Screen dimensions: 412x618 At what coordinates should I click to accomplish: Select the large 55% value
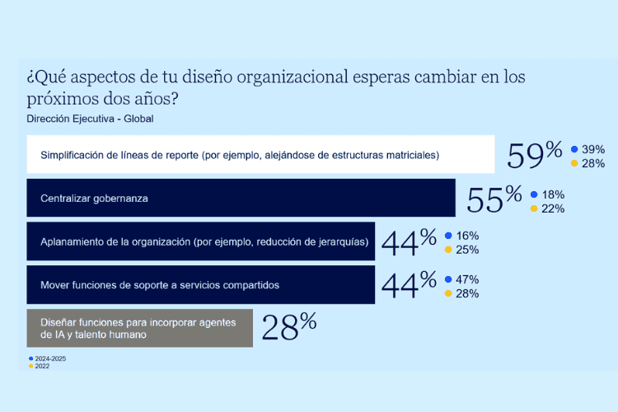tap(494, 199)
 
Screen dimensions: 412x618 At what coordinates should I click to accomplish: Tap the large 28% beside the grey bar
tap(288, 327)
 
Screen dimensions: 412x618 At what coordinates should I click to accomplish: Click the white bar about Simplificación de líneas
tap(260, 155)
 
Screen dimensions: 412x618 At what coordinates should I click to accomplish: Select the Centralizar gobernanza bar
tap(241, 199)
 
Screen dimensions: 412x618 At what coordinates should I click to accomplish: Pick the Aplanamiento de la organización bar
tap(200, 241)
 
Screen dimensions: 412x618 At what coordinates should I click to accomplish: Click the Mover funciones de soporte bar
tap(200, 285)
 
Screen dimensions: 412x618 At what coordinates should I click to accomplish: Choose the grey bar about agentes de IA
tap(139, 328)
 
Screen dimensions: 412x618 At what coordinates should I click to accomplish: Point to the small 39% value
tap(593, 149)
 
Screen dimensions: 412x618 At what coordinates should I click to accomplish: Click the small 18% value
tap(553, 194)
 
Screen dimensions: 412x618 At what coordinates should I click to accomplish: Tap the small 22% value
tap(553, 208)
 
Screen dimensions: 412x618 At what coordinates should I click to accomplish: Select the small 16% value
tap(467, 236)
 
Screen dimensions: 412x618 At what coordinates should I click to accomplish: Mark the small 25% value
tap(467, 250)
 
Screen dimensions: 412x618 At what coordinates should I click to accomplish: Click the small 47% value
tap(467, 279)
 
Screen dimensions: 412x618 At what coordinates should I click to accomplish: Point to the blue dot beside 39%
tap(574, 149)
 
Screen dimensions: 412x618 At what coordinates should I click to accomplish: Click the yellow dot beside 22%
tap(534, 208)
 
